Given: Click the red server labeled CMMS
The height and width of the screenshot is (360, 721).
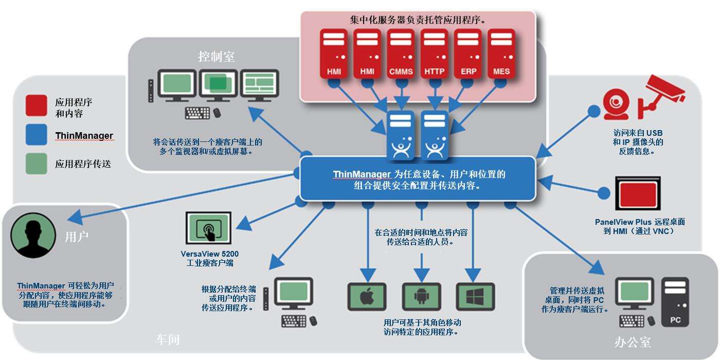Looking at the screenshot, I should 401,53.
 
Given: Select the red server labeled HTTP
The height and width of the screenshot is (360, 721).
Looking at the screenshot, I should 435,53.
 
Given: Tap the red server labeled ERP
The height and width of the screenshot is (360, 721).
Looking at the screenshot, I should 468,53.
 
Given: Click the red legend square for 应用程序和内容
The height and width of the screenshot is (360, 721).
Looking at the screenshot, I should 37,105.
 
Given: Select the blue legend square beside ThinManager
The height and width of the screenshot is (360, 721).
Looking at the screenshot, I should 37,135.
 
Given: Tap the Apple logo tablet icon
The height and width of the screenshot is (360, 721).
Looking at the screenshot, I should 367,297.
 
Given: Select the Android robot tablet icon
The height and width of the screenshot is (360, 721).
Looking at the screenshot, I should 421,297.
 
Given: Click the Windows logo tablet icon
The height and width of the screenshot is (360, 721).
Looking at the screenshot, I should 475,297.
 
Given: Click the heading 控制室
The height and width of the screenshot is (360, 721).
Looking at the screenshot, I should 217,56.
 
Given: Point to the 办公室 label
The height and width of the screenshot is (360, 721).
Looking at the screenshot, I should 633,341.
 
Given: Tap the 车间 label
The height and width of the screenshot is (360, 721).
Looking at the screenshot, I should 168,340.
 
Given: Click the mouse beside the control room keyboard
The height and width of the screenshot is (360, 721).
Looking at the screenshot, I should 217,113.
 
